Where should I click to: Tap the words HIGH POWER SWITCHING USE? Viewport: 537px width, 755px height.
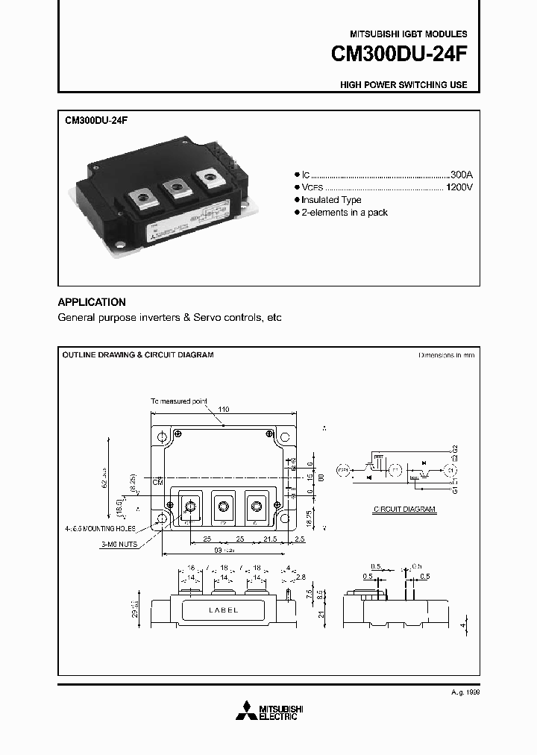click(x=403, y=85)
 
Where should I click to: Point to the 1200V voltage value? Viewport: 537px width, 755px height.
click(x=458, y=186)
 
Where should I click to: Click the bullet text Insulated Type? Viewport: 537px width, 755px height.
click(x=333, y=200)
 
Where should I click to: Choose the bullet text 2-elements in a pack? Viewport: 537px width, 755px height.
click(x=345, y=213)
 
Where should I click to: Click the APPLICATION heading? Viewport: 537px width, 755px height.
click(x=92, y=302)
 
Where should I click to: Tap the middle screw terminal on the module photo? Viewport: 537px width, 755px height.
click(x=176, y=189)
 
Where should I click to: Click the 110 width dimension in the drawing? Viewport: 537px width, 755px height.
click(x=223, y=409)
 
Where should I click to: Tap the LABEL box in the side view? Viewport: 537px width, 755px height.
click(x=222, y=610)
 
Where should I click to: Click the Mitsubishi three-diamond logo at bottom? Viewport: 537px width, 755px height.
click(x=246, y=712)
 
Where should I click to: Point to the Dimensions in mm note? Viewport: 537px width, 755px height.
click(x=446, y=355)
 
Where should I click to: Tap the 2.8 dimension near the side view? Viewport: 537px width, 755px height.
click(x=299, y=577)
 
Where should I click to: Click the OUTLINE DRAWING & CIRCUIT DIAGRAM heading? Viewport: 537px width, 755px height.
click(x=138, y=355)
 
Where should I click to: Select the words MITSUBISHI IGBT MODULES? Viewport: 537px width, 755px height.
click(x=408, y=34)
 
